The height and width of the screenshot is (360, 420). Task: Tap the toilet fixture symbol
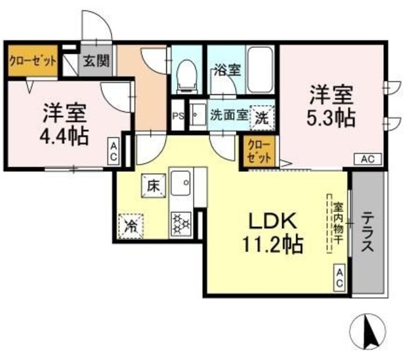pyautogui.click(x=186, y=73)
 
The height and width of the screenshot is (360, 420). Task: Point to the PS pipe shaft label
pyautogui.click(x=177, y=115)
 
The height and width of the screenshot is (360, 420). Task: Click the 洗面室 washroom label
pyautogui.click(x=228, y=115)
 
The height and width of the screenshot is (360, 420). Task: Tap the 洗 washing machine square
pyautogui.click(x=262, y=119)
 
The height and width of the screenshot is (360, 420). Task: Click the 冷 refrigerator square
pyautogui.click(x=132, y=226)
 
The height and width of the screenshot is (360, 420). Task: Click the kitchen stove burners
pyautogui.click(x=179, y=224)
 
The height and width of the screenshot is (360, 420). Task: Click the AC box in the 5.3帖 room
pyautogui.click(x=367, y=159)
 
